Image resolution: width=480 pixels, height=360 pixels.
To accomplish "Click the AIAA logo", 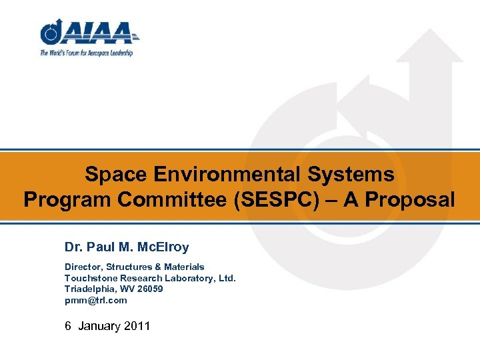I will pyautogui.click(x=89, y=33).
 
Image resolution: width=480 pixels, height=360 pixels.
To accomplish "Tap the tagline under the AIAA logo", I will pyautogui.click(x=87, y=53).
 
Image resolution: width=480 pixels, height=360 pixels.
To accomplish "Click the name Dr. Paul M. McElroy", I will pyautogui.click(x=127, y=247).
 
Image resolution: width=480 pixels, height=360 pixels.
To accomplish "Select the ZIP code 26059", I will pyautogui.click(x=149, y=289).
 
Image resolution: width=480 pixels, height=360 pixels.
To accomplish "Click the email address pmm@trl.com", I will pyautogui.click(x=95, y=300).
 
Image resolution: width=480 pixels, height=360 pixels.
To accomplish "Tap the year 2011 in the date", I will pyautogui.click(x=137, y=326).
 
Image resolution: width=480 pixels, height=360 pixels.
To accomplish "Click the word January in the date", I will pyautogui.click(x=100, y=326).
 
